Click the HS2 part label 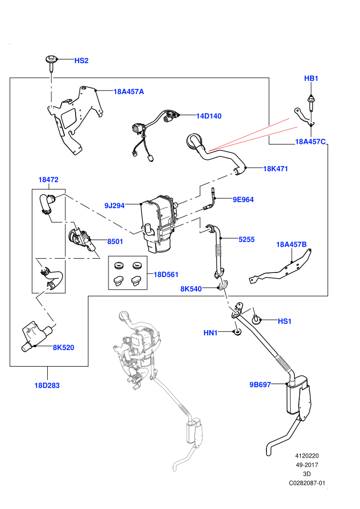coord(81,61)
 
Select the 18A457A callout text coord(129,92)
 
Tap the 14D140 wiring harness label coord(209,116)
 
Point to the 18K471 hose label coord(275,169)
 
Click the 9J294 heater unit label coord(114,206)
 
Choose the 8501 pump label coord(115,242)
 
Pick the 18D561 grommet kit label coord(166,275)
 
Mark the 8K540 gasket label coord(191,288)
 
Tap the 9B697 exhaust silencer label coord(260,385)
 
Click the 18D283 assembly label coord(47,385)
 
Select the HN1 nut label coord(210,333)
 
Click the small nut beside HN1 coord(237,333)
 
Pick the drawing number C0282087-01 coord(307,483)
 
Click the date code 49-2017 coord(307,465)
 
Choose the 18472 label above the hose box coord(48,179)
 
